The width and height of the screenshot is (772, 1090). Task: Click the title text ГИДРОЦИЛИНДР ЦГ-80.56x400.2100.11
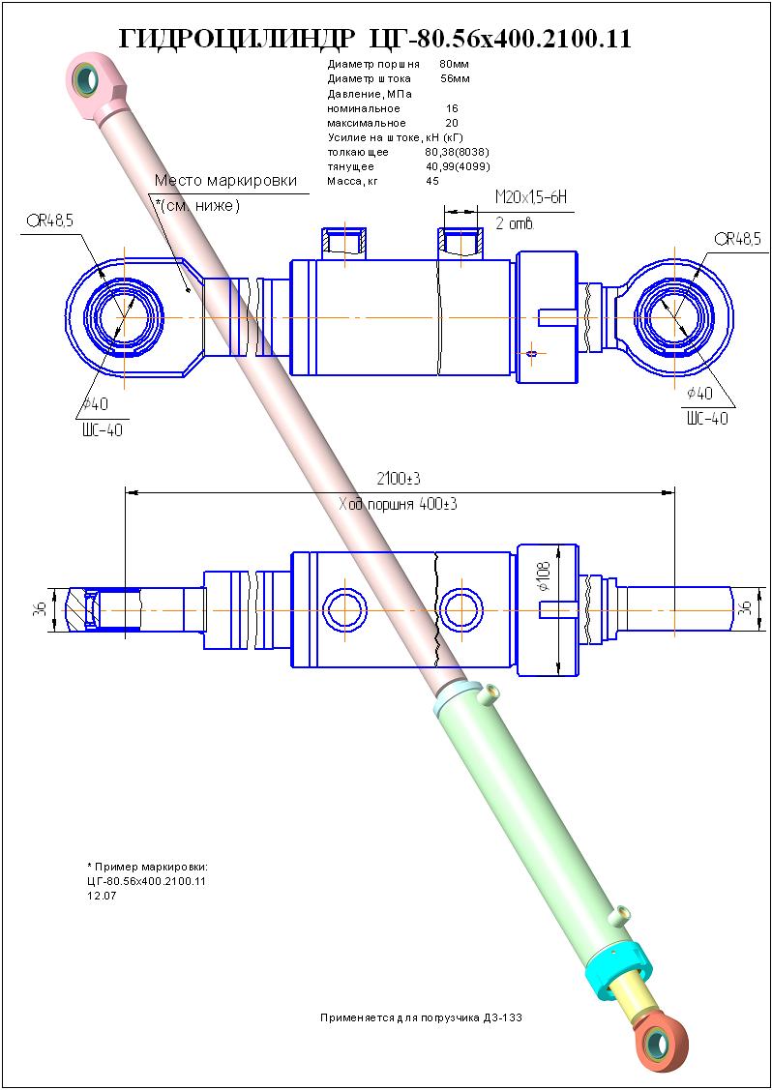click(x=375, y=40)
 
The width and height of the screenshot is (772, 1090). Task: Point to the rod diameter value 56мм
click(x=456, y=78)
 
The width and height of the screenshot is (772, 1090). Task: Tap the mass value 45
click(x=431, y=181)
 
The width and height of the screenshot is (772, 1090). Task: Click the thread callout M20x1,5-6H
click(x=531, y=198)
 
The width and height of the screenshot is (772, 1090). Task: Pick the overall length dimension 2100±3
click(x=400, y=479)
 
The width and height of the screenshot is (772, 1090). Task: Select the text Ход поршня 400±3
click(x=398, y=505)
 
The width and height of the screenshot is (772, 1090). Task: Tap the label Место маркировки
click(x=225, y=181)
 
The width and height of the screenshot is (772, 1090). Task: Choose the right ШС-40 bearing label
click(x=707, y=419)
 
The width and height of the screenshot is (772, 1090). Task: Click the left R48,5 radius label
click(x=50, y=221)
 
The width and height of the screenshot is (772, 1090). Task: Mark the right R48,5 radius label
click(x=737, y=239)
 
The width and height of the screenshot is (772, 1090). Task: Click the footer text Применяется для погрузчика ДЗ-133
click(x=421, y=1017)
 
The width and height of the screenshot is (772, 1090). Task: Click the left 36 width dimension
click(x=41, y=608)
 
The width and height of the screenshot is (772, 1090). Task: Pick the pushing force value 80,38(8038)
click(x=459, y=152)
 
